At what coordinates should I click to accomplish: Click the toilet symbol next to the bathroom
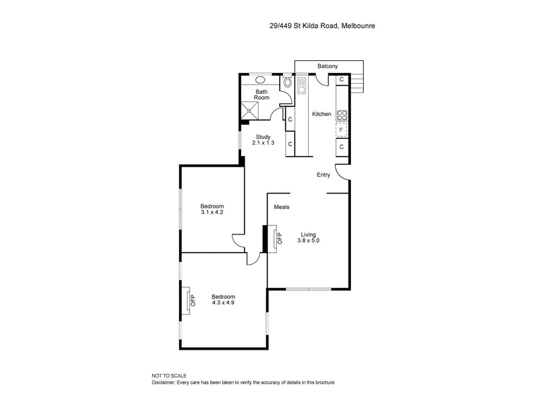287,84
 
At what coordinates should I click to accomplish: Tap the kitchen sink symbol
302,85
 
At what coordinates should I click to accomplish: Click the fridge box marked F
341,129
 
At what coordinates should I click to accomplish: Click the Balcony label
328,66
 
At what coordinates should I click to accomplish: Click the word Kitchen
322,114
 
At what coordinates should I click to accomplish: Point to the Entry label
324,175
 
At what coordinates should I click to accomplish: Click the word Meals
281,207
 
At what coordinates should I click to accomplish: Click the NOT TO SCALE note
170,375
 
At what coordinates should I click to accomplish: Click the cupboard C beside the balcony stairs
341,80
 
